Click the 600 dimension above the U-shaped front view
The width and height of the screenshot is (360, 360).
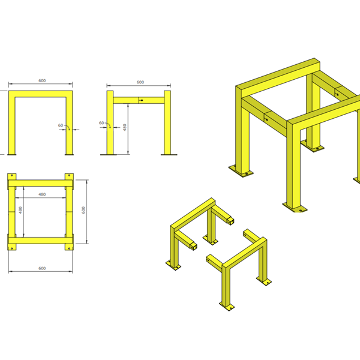pos(42,80)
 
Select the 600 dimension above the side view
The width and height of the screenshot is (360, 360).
pos(140,82)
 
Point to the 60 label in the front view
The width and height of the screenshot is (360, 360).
pos(61,125)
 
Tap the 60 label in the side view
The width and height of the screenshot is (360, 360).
pos(101,123)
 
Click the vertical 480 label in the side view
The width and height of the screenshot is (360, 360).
pos(125,127)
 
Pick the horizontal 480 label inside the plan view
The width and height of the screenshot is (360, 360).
pos(42,194)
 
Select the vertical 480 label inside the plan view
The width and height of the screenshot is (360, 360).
pos(20,210)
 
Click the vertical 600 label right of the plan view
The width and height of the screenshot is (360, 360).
pos(83,210)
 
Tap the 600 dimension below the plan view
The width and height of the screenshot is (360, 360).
pos(42,268)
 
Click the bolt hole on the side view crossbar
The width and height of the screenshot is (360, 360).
pos(142,100)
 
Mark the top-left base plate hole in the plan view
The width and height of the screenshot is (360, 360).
pos(12,175)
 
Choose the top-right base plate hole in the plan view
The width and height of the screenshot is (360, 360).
pos(70,175)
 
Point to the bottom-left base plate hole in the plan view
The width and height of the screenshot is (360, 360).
pos(12,248)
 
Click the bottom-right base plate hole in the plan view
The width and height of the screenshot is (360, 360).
pos(70,248)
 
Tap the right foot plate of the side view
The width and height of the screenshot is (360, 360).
pos(169,155)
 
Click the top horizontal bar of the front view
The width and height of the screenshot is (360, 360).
pos(41,94)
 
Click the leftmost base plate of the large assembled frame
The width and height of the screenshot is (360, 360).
pos(241,171)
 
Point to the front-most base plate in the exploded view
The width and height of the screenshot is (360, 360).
pos(227,307)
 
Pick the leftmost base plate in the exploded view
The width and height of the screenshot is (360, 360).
pos(173,266)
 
